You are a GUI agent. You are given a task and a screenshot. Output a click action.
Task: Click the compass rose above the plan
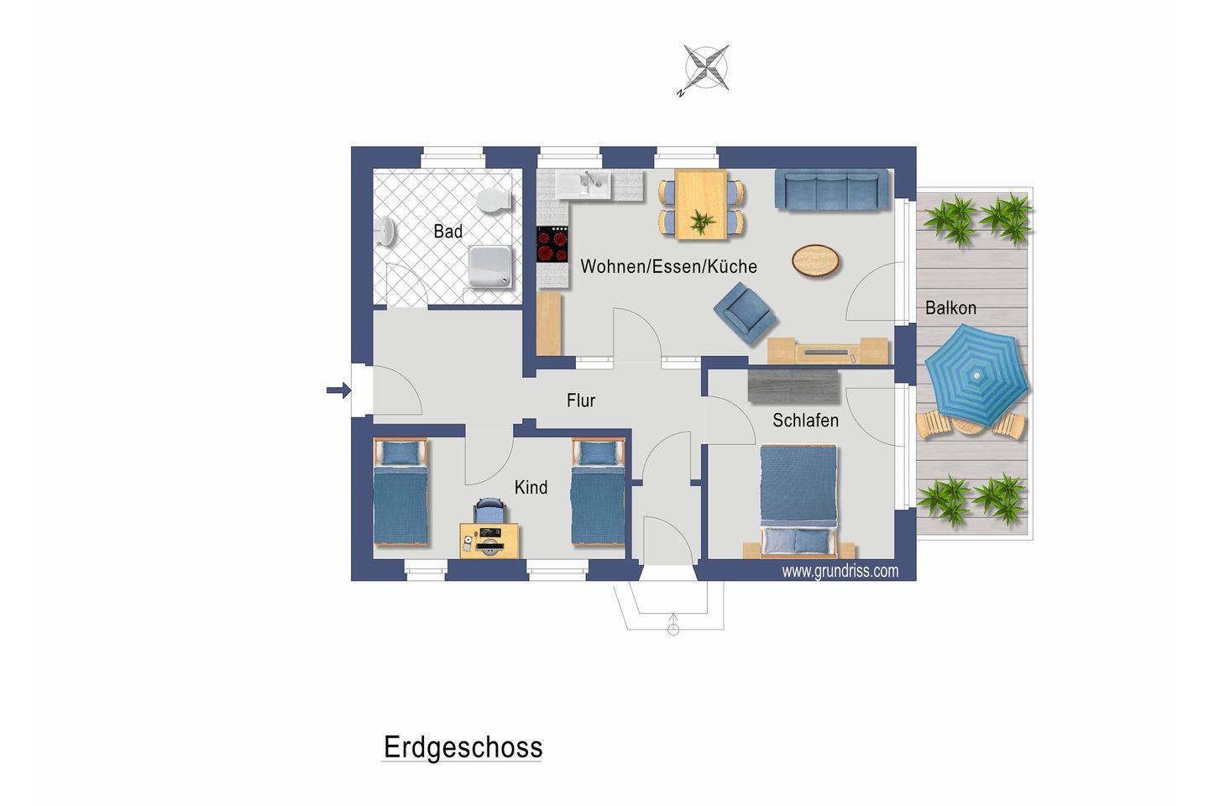coord(706,68)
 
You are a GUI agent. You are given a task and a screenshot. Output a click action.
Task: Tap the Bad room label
coord(448,232)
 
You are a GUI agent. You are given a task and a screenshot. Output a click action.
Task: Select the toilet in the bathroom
coord(494,201)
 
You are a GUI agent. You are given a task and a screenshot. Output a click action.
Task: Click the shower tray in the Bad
coord(489,267)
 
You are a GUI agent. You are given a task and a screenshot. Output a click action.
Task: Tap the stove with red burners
coord(552,244)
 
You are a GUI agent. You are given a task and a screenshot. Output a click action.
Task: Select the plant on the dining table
coord(702,221)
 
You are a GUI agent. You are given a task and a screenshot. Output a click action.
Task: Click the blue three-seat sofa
coord(832,189)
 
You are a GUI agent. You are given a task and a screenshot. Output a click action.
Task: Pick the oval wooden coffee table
coord(815,261)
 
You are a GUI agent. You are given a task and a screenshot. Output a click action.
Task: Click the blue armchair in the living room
coord(744,313)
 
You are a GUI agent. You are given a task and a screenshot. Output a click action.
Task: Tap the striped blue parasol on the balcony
coord(976,374)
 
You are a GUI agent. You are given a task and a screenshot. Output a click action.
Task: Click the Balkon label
coord(950,308)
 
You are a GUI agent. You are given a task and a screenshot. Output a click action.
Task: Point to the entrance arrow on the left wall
coord(339,390)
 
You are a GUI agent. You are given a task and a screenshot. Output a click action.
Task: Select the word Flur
coord(581,400)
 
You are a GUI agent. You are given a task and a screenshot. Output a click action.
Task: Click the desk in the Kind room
coord(489,541)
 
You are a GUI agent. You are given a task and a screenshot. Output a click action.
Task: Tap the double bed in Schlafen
coord(798,501)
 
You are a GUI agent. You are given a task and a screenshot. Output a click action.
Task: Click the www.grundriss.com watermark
coord(840,571)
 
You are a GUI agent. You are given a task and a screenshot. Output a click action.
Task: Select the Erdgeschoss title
coord(463,748)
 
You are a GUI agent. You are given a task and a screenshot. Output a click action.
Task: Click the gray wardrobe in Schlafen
coord(794,385)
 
